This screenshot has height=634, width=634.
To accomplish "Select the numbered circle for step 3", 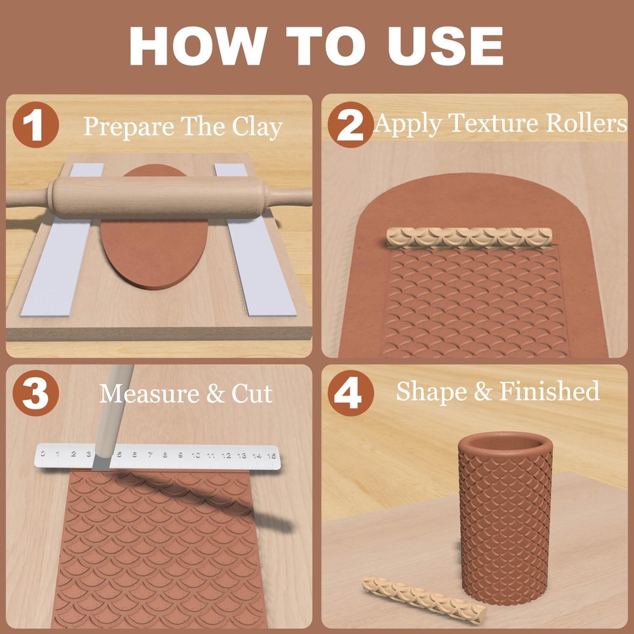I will pyautogui.click(x=36, y=393).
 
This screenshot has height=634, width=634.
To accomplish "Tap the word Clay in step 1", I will pyautogui.click(x=256, y=127).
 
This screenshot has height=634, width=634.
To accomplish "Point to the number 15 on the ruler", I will pyautogui.click(x=271, y=455).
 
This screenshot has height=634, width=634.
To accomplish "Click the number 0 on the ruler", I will pyautogui.click(x=42, y=453).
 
